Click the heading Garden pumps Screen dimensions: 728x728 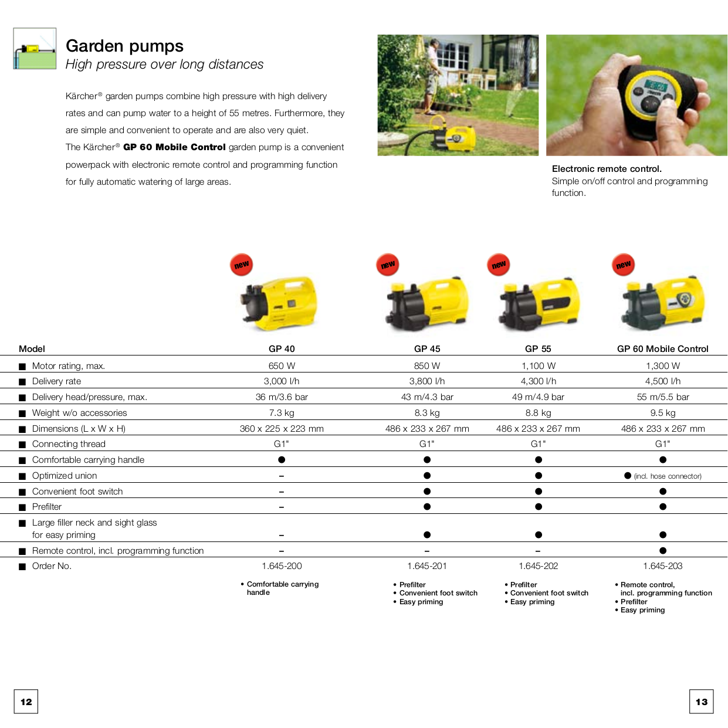124,46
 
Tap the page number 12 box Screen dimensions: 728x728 26,702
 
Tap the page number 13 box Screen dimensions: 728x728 702,702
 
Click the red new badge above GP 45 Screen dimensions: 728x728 388,265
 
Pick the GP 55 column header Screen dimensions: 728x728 538,348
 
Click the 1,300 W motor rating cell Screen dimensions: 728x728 663,365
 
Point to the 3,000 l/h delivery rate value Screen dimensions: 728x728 282,381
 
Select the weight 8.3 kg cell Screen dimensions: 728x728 427,413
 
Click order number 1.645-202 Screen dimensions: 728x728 538,566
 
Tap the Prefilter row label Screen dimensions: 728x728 47,507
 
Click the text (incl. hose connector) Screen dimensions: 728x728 668,476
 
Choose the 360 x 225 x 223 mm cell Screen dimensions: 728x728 282,429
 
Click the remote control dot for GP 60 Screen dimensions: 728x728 663,550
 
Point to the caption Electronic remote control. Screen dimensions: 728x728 607,169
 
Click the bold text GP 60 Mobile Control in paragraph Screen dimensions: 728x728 174,147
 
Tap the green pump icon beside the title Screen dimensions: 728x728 35,49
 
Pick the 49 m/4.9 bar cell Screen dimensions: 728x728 538,397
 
